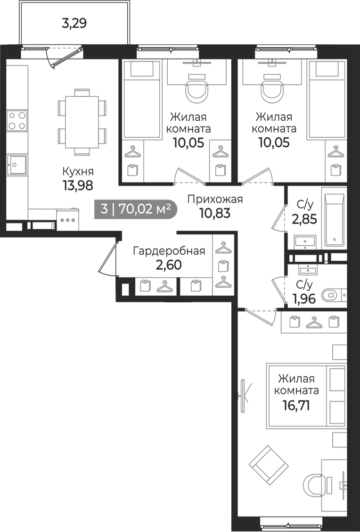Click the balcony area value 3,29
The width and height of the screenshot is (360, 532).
(74, 24)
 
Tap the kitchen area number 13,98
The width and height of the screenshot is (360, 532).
(77, 185)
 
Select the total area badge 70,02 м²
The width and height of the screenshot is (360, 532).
(135, 209)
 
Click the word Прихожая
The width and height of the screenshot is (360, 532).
(215, 199)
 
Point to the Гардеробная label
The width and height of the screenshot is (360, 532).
(169, 251)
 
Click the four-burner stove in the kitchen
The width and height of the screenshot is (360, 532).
(17, 121)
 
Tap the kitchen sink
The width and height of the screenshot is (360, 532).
(17, 165)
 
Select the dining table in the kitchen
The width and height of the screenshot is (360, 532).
(82, 122)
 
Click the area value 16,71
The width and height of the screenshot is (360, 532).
(296, 405)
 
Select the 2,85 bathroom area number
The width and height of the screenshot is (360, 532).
(304, 219)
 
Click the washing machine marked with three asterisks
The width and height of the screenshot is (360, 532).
(67, 220)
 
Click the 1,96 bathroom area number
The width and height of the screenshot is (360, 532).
(304, 299)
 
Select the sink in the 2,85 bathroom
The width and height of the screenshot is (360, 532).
(305, 242)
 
